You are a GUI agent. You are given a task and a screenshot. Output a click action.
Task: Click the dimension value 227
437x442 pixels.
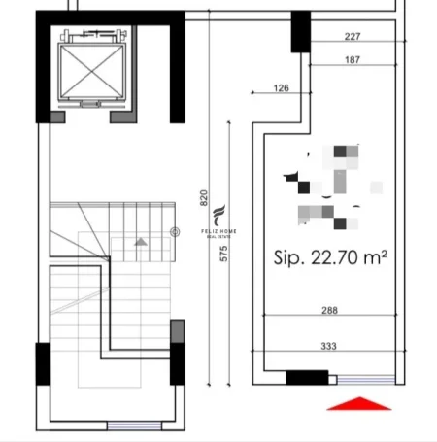tap(353, 38)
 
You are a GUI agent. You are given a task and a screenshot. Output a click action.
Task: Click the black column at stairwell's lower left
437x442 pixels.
tap(44, 364)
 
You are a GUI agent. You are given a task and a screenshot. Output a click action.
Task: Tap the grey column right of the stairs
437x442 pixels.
tap(177, 331)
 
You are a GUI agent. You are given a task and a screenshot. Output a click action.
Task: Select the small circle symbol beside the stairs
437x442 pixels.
tap(175, 230)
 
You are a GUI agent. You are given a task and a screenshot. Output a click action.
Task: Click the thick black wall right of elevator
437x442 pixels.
tap(176, 68)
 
